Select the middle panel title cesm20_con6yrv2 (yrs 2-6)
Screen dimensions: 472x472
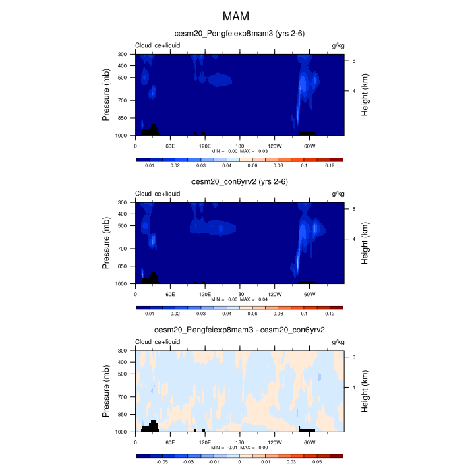[x=240, y=182]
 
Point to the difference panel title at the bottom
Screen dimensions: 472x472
[x=240, y=330]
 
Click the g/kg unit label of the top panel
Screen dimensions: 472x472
[x=338, y=45]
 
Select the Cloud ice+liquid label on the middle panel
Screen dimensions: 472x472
[x=157, y=194]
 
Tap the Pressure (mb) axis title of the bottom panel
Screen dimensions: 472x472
[x=107, y=391]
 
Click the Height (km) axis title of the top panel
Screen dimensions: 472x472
[x=365, y=94]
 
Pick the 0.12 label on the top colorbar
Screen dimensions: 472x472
[x=330, y=165]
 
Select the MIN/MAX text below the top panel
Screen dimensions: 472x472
[x=240, y=151]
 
